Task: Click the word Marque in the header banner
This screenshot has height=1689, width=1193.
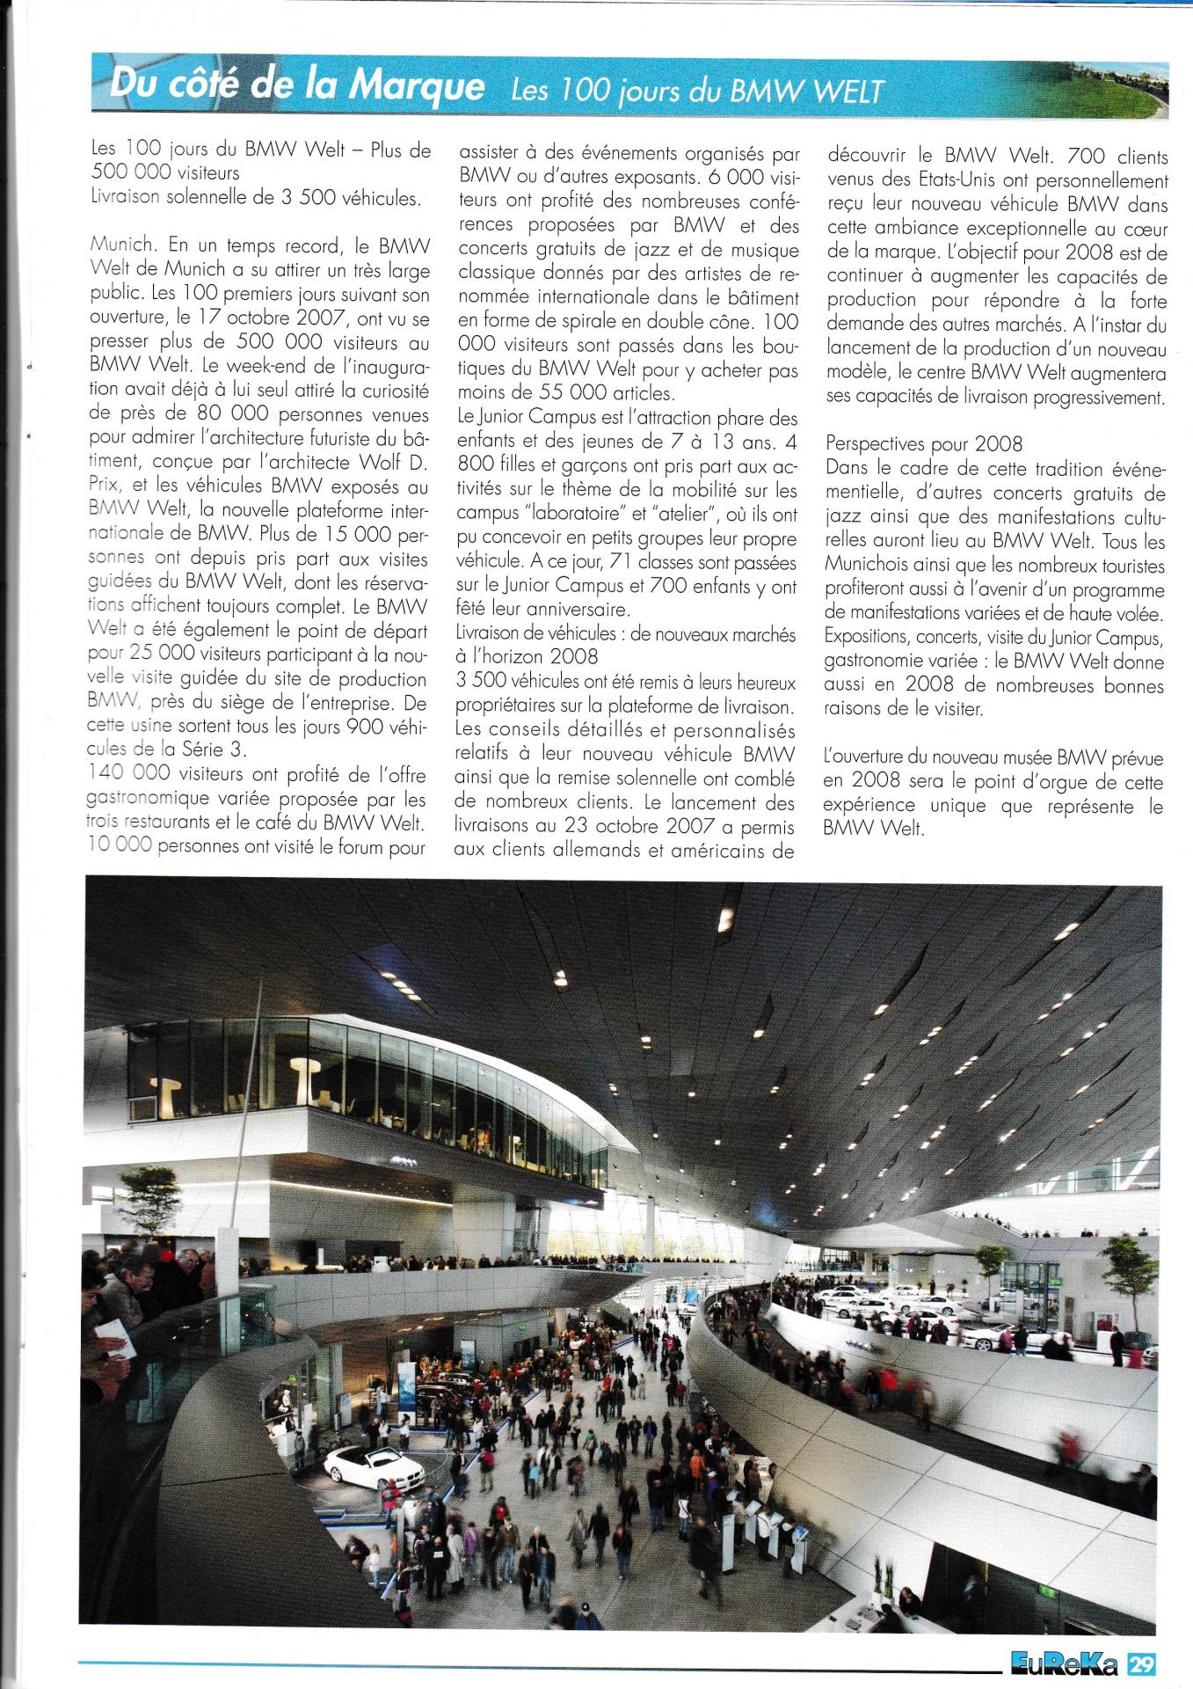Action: pos(416,86)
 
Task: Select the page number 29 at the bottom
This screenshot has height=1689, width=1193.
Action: pos(1142,1664)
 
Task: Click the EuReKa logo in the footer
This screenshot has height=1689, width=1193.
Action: pos(1064,1664)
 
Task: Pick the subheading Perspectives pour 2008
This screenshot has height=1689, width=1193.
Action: pos(923,444)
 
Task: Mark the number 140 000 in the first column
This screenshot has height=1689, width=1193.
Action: pos(130,774)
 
